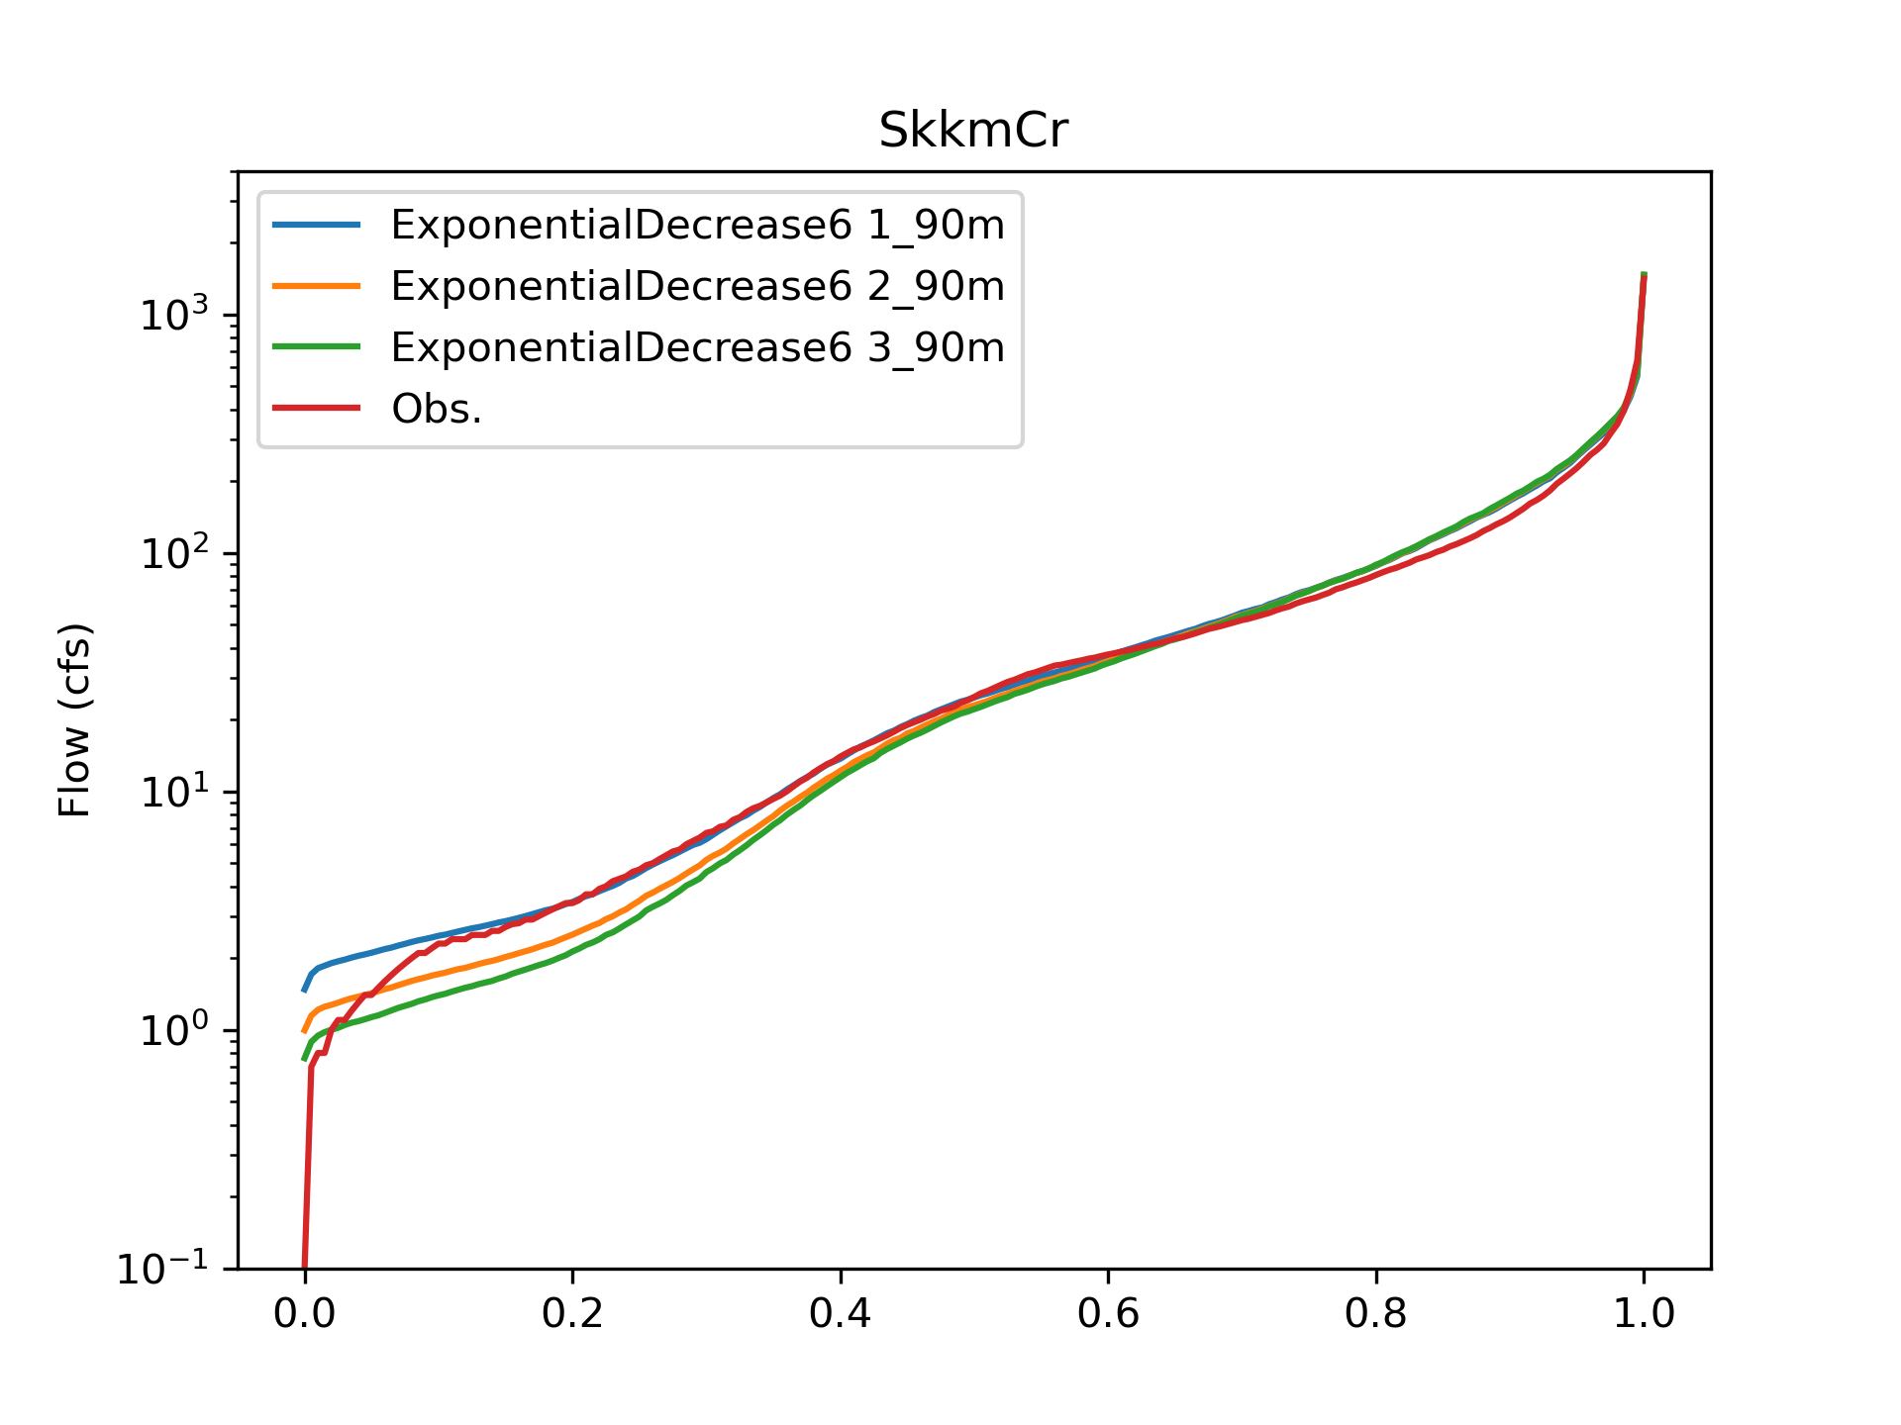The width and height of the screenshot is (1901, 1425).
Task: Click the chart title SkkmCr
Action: point(973,131)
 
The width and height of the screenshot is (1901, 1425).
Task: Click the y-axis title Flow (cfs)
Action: point(74,719)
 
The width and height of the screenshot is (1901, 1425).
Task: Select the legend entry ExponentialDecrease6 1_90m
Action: point(697,226)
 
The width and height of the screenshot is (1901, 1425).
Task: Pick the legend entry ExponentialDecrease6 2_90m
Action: point(697,286)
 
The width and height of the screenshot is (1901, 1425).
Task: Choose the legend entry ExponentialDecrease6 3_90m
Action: point(697,347)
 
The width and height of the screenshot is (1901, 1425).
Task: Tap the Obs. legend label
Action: point(437,409)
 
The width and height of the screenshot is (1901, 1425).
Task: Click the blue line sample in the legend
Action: point(317,226)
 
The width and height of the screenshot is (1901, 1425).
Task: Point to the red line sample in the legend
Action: point(317,409)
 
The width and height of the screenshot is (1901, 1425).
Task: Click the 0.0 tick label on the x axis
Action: point(304,1313)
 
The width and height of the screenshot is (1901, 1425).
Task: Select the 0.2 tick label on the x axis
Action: point(572,1313)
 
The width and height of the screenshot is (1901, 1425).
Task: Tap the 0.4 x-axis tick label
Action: point(840,1313)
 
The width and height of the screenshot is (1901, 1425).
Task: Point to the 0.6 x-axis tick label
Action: point(1108,1313)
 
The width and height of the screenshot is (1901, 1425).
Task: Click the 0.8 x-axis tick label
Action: point(1375,1313)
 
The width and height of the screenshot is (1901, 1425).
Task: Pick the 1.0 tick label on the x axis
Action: point(1644,1313)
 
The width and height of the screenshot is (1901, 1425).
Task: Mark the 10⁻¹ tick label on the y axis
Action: point(163,1269)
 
